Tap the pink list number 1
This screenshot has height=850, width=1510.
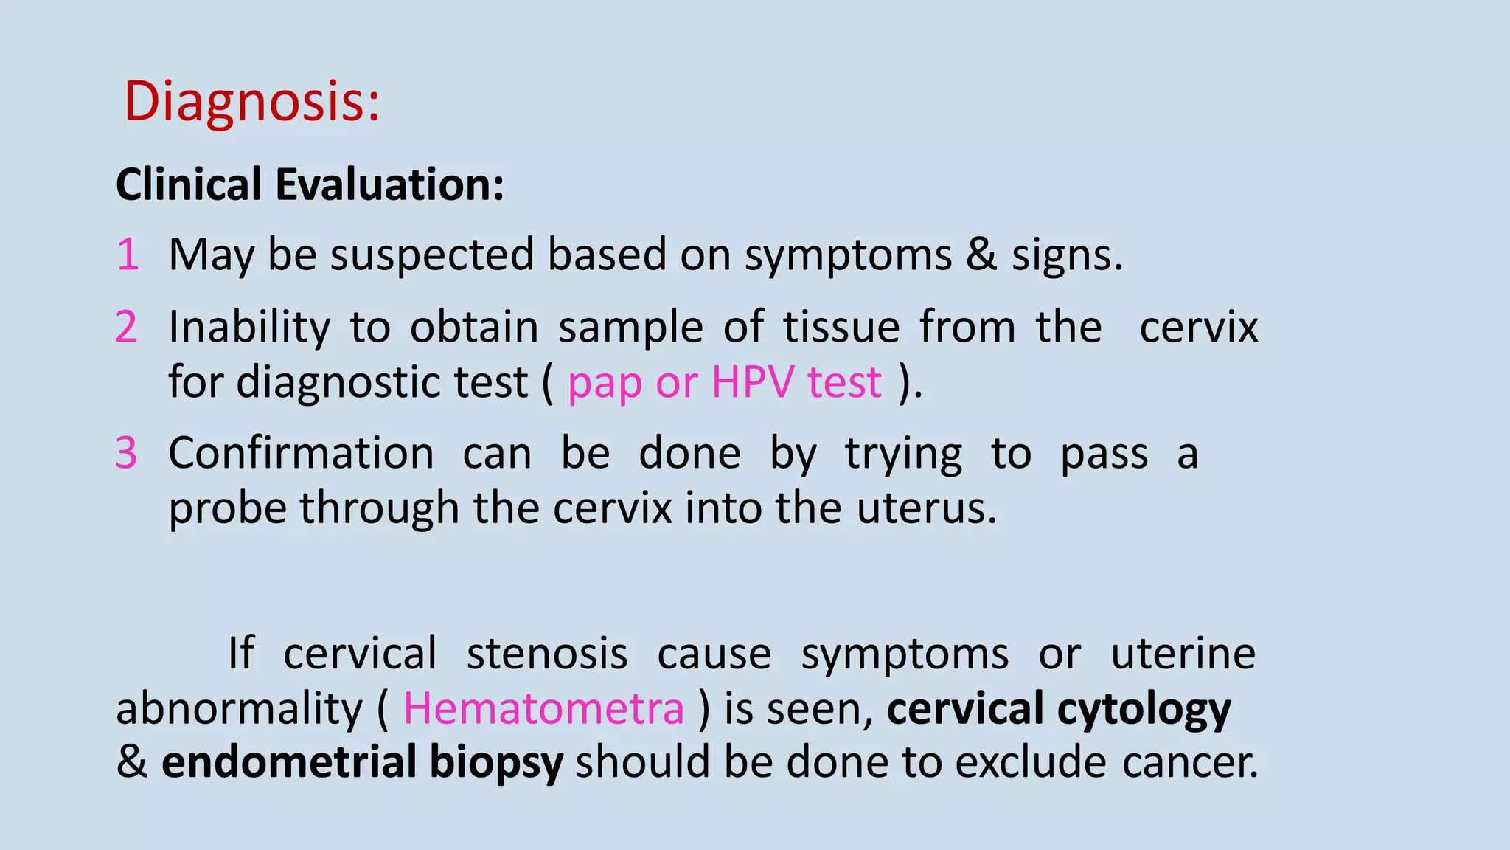point(128,255)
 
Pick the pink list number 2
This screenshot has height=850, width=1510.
point(127,327)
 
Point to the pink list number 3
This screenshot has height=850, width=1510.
point(127,453)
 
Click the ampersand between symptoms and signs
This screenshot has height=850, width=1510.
point(981,255)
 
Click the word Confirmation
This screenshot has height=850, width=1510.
point(301,453)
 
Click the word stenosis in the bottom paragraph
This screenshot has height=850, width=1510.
point(547,654)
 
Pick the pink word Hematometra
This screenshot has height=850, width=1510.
point(543,709)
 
